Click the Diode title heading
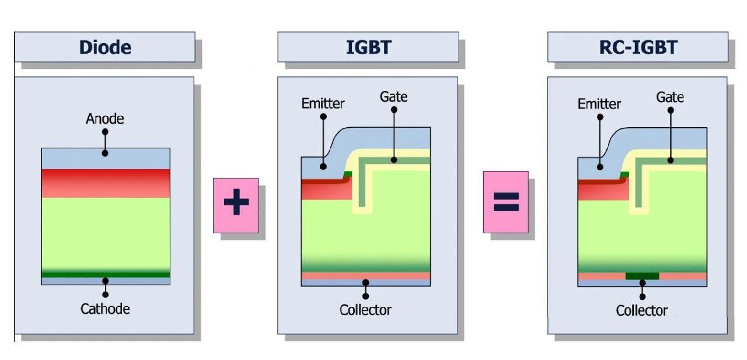point(105,47)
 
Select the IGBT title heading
point(368,47)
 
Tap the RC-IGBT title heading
point(638,47)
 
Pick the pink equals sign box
point(505,202)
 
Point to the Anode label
point(105,119)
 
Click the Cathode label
point(105,309)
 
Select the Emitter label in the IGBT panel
point(323,104)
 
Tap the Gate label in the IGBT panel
point(393,96)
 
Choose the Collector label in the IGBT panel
point(365,310)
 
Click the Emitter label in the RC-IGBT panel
point(599,104)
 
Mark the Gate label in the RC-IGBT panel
point(670,97)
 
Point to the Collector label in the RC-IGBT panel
point(642,310)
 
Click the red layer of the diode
point(106,183)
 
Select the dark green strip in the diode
point(106,275)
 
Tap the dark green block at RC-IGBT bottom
point(642,276)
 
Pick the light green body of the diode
point(106,233)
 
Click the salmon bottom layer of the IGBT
point(365,275)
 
